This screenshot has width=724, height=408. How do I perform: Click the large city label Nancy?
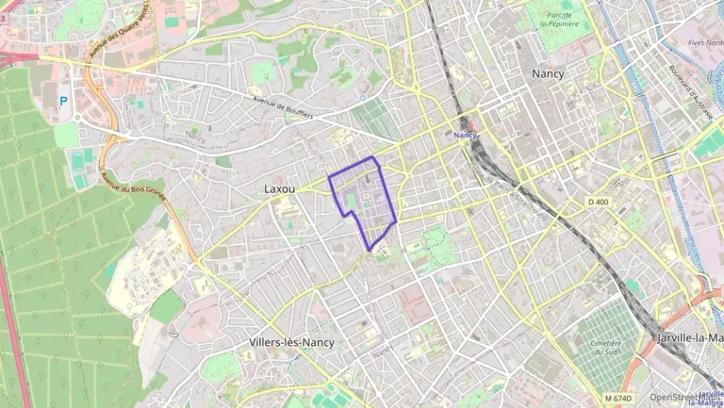548,74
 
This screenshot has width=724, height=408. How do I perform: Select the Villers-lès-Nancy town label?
292,341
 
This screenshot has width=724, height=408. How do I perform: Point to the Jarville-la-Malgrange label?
689,338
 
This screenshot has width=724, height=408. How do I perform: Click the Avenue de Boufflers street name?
283,108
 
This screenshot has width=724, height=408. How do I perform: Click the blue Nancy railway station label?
465,135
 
